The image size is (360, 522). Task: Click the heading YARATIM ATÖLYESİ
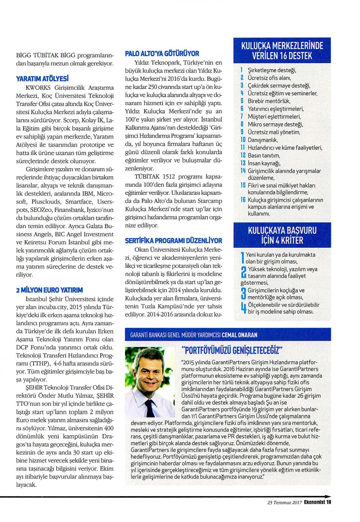coord(42,78)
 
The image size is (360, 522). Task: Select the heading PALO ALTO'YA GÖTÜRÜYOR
coord(162,54)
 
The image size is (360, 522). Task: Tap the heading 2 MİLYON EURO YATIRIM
coord(49,290)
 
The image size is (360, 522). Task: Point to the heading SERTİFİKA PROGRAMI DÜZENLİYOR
coord(173,241)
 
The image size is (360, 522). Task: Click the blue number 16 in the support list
coord(243,200)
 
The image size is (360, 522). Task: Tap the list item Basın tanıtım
coord(264,155)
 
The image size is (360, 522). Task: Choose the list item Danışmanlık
coord(263,140)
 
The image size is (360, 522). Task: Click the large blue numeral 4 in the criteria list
coord(243,308)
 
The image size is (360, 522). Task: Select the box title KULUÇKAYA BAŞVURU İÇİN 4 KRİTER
coord(282,235)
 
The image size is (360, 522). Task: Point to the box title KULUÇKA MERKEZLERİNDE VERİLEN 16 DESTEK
coord(282,50)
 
